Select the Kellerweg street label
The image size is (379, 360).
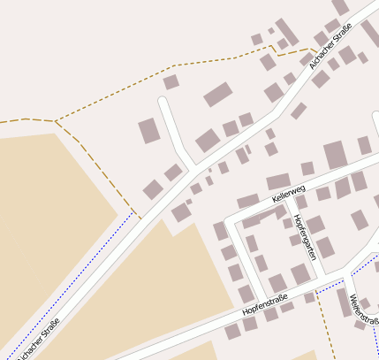[289, 193]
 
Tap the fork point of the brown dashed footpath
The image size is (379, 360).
[56, 120]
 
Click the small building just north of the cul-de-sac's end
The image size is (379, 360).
[171, 82]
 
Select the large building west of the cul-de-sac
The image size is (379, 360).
[148, 131]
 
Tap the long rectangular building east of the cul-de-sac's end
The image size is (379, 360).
[217, 94]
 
